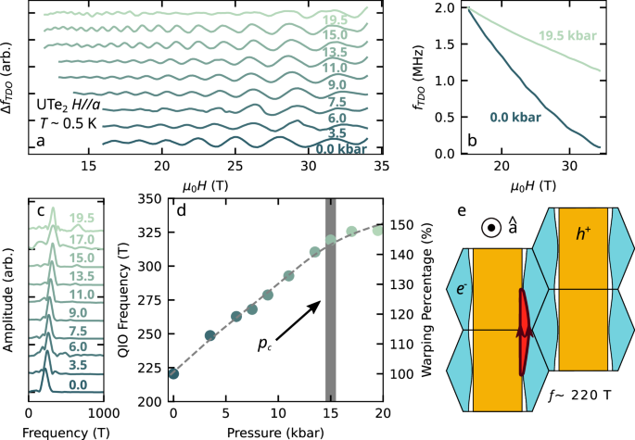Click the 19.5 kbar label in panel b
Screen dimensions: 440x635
568,36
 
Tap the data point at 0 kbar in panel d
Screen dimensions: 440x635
173,373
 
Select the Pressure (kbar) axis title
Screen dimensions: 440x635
277,430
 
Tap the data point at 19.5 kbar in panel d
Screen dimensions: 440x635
377,230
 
